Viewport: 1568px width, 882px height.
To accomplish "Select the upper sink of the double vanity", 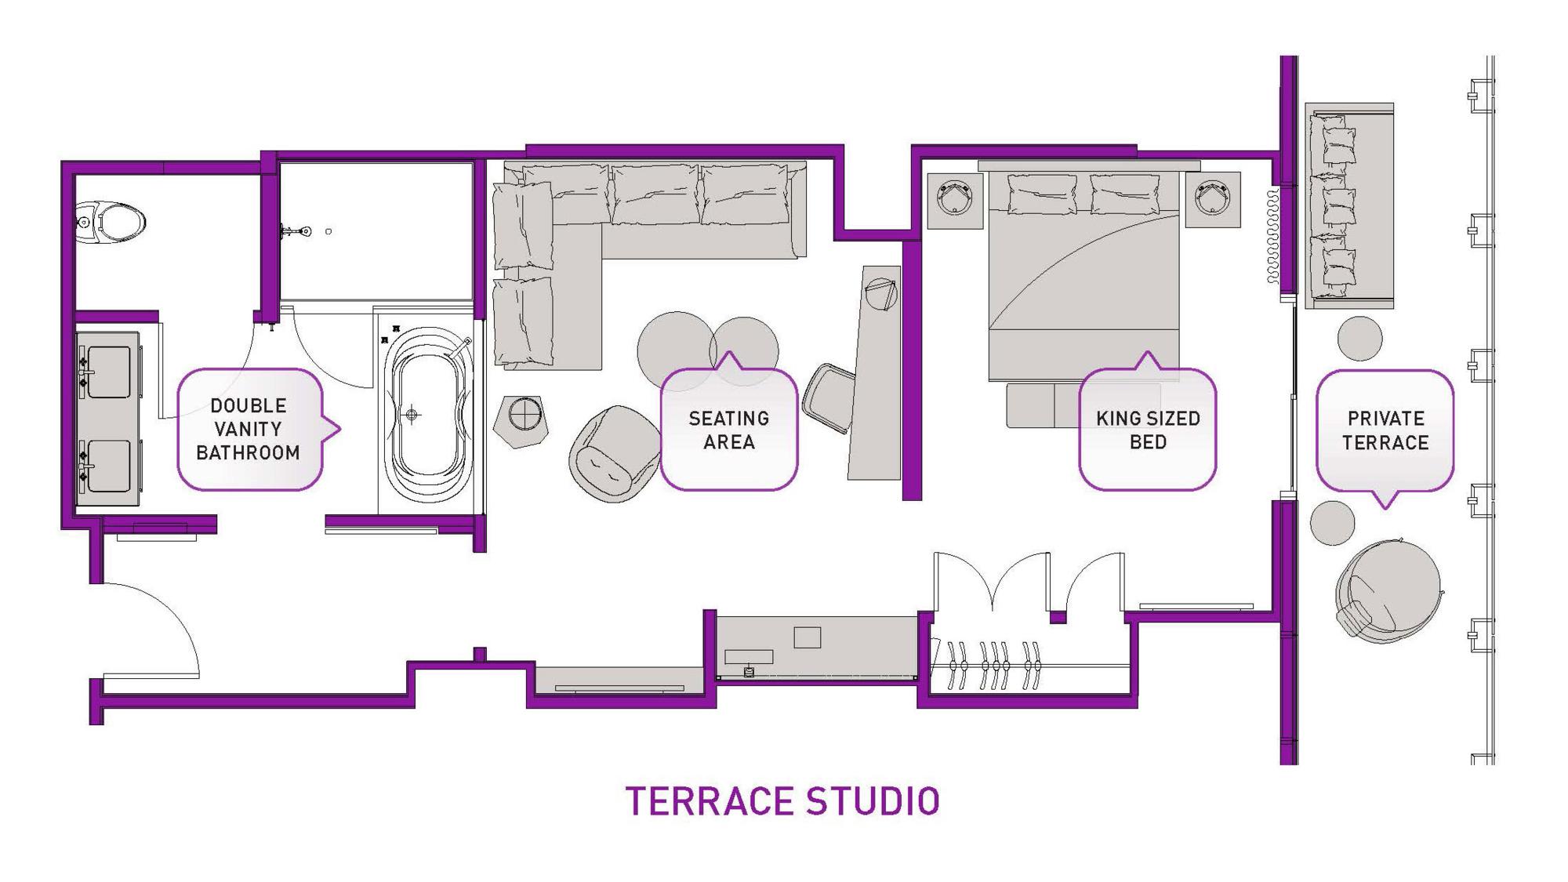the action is pyautogui.click(x=107, y=373).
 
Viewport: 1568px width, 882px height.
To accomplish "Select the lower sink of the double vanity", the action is pyautogui.click(x=107, y=466).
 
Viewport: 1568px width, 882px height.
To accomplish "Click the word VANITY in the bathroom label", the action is pyautogui.click(x=248, y=429).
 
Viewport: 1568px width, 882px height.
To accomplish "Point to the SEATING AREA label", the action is pyautogui.click(x=729, y=430).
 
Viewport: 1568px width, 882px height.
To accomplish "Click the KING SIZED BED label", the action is pyautogui.click(x=1148, y=430).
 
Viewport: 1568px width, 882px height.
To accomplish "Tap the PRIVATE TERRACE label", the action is pyautogui.click(x=1385, y=430).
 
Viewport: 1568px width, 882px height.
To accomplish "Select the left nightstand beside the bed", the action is pyautogui.click(x=956, y=201).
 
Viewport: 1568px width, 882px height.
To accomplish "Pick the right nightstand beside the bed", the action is pyautogui.click(x=1213, y=200).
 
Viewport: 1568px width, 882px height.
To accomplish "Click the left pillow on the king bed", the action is pyautogui.click(x=1042, y=194).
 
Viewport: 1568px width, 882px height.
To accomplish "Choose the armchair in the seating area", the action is pyautogui.click(x=615, y=453).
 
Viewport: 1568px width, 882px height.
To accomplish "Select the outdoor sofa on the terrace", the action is pyautogui.click(x=1349, y=205).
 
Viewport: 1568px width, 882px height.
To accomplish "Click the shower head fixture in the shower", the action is pyautogui.click(x=296, y=231).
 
